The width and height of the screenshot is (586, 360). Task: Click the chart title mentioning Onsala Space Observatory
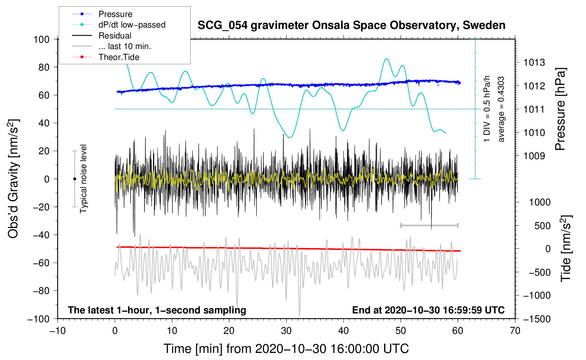(351, 25)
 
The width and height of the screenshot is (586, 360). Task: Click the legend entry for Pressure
(115, 14)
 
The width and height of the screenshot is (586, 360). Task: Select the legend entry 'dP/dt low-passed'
(132, 25)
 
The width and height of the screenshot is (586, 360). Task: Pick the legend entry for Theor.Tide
(119, 57)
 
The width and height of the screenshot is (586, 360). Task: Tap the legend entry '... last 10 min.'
(125, 46)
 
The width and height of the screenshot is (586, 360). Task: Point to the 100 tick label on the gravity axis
(41, 39)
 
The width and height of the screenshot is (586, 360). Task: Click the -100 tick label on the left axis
(38, 319)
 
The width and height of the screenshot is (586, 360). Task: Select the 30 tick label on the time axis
(286, 331)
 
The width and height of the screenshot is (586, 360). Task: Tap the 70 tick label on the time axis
(515, 331)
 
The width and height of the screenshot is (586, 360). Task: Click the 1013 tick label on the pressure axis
(534, 63)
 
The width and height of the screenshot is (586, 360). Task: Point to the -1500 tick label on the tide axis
(537, 319)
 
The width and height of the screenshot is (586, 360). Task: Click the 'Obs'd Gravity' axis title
(13, 179)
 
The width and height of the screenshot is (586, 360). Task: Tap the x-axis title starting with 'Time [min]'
(286, 349)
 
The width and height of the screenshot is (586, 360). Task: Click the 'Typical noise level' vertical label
(83, 179)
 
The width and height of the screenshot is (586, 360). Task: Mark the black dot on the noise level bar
(74, 179)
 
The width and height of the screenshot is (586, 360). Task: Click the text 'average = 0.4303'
(501, 109)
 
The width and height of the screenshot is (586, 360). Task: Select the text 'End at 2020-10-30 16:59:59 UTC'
(428, 310)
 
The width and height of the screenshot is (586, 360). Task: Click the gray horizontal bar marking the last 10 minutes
(429, 225)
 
